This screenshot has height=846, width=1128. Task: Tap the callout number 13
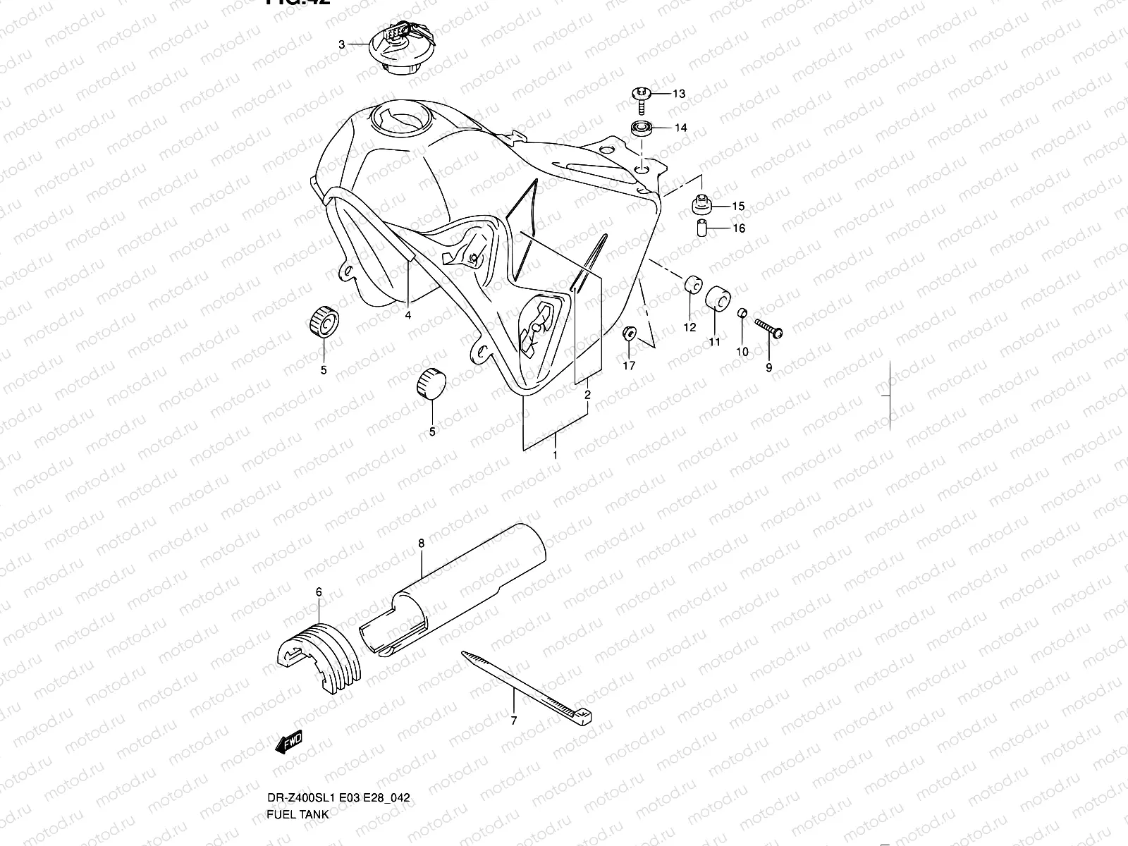(x=678, y=94)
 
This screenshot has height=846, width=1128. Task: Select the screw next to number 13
(x=642, y=99)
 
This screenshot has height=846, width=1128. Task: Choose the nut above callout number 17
(x=630, y=333)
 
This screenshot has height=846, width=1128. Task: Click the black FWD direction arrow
(x=289, y=742)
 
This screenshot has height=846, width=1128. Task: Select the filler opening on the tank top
(x=408, y=120)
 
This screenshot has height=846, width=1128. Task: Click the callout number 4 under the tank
(x=407, y=315)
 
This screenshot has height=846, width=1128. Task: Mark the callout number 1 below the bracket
(x=555, y=455)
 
